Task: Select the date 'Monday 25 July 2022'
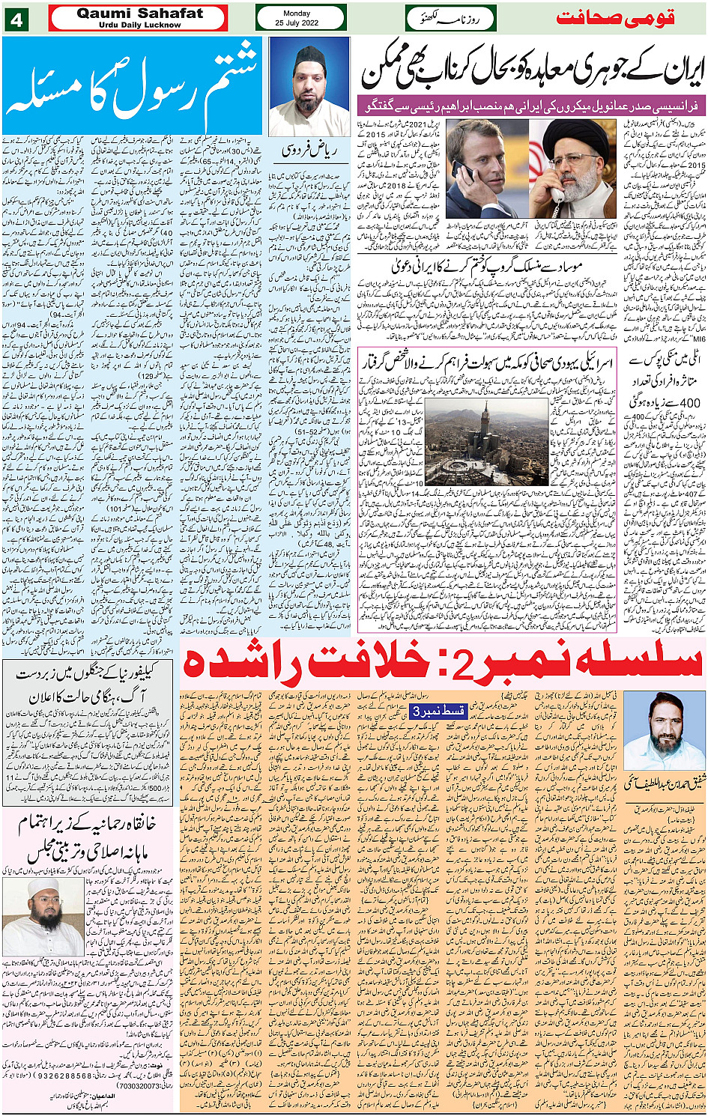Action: click(300, 18)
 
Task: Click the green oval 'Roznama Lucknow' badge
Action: click(451, 18)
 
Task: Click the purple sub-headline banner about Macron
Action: click(532, 105)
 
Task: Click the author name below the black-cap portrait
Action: click(308, 150)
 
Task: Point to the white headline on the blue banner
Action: click(133, 84)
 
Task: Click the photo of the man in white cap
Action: click(33, 915)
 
